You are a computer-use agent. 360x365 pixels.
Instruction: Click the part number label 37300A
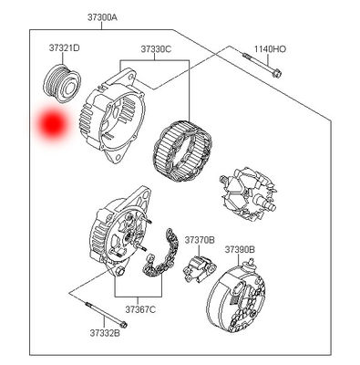102,17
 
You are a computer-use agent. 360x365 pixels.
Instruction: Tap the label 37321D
65,47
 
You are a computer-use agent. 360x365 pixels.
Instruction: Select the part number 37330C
156,48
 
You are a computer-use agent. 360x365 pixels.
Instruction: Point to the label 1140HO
270,48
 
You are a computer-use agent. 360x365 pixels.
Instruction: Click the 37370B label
200,240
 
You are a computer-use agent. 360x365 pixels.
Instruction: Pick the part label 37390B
240,250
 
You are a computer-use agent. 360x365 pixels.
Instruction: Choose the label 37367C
140,309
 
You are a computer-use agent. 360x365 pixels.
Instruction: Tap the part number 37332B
105,333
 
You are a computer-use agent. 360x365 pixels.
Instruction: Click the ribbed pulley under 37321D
62,83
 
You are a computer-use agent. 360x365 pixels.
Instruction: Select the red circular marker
52,124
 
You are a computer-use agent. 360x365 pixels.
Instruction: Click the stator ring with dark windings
182,151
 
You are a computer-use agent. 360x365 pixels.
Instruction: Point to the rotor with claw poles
248,193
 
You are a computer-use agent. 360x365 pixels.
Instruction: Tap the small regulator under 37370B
200,268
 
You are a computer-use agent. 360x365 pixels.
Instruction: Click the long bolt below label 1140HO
262,64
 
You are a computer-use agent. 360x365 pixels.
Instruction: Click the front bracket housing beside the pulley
111,116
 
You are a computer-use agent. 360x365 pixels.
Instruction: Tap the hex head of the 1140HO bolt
276,73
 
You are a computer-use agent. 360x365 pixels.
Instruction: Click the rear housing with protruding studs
121,231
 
